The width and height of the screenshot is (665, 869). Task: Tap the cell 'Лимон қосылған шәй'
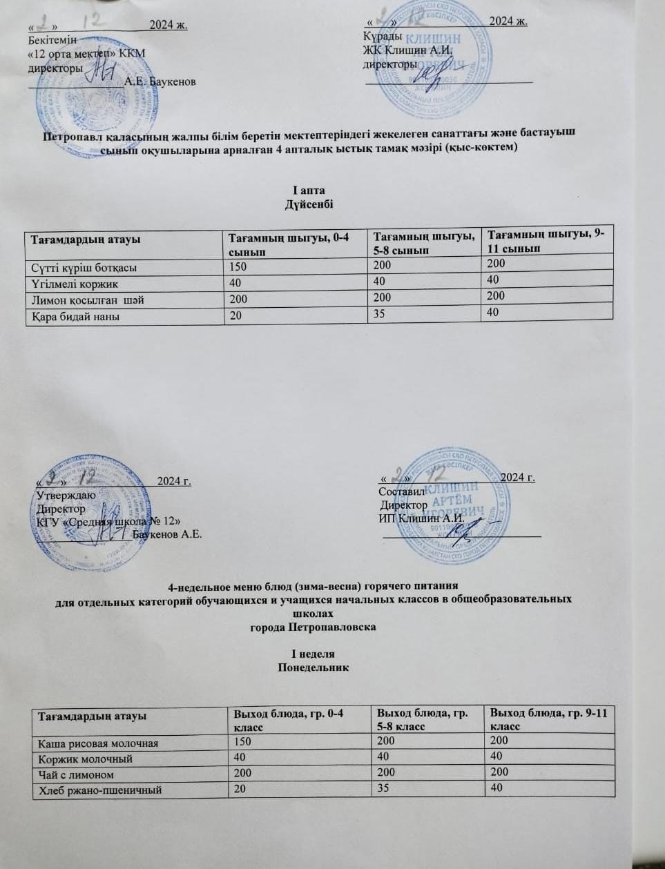[x=87, y=300]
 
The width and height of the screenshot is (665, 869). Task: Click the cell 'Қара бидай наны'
[x=70, y=317]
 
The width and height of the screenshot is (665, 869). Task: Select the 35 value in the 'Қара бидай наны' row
[x=379, y=313]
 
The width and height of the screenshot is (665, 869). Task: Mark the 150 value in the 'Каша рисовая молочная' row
[x=242, y=742]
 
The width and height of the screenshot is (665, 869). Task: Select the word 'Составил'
[x=401, y=491]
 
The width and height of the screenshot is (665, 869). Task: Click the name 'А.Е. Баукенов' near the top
[x=160, y=81]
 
